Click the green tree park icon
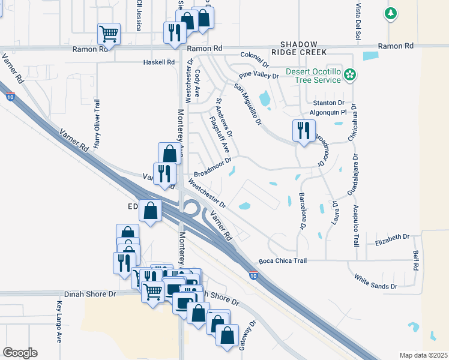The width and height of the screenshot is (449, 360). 390,13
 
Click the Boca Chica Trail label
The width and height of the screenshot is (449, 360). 283,261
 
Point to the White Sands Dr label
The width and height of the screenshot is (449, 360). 376,282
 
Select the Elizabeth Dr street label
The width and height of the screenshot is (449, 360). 391,239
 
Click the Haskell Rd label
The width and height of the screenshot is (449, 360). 159,62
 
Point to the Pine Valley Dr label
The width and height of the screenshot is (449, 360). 259,76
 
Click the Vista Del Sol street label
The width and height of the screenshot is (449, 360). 358,22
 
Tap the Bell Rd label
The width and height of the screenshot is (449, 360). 415,260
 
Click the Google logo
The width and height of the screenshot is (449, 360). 20,353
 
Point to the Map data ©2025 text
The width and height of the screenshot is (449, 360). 423,355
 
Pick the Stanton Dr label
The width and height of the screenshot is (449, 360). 332,103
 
